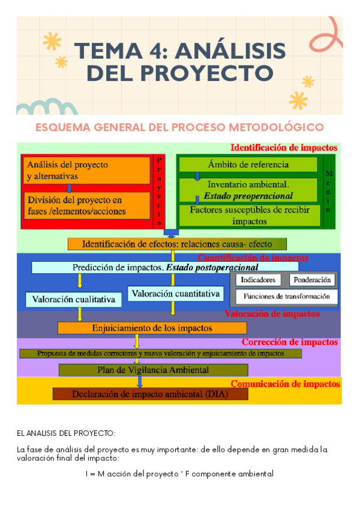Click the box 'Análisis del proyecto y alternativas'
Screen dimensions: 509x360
click(86, 170)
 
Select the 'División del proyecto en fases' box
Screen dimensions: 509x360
click(86, 205)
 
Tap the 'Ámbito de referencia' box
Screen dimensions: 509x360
click(248, 164)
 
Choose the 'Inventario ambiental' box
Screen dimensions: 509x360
click(248, 190)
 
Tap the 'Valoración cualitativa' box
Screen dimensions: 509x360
click(73, 300)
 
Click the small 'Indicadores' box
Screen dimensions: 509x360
click(258, 280)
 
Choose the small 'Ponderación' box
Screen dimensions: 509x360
click(313, 280)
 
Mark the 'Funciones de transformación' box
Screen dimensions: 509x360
click(286, 297)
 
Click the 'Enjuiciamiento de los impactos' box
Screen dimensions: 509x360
click(152, 328)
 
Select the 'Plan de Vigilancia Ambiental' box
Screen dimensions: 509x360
click(153, 370)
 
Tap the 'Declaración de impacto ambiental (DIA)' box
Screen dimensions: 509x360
click(150, 394)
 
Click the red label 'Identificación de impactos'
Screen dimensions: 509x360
click(284, 148)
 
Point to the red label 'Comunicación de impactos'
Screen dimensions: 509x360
click(285, 384)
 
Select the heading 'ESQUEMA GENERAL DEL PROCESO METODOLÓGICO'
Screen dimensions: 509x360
click(179, 127)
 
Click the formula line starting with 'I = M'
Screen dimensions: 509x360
click(179, 474)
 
